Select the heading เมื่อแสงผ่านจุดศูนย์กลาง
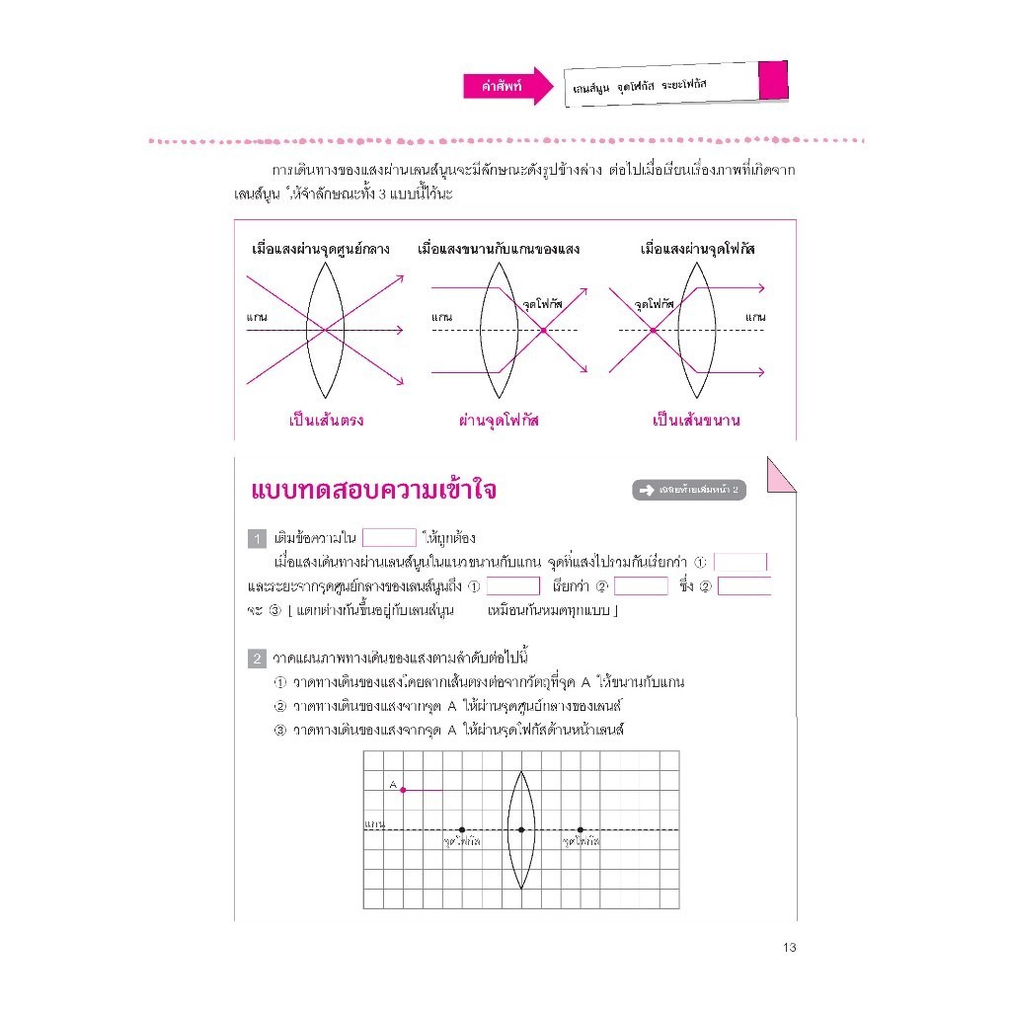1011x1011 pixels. (321, 250)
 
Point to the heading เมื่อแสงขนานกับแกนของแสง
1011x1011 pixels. (499, 250)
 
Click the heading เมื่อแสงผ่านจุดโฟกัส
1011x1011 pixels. (698, 250)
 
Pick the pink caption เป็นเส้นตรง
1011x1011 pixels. (327, 421)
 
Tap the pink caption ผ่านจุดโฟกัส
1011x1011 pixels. (500, 421)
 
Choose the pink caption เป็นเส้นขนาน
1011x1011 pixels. (697, 421)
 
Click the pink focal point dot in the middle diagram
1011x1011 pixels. (543, 330)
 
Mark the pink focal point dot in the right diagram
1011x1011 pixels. (653, 330)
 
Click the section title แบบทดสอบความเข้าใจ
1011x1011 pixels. (374, 492)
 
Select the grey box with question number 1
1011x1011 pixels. (257, 538)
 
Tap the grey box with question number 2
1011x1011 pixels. (257, 658)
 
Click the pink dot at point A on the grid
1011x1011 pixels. (403, 790)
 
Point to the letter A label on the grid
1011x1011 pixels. (392, 784)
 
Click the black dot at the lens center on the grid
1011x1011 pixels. (521, 829)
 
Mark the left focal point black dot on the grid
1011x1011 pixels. (462, 829)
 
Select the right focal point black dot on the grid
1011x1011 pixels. (581, 829)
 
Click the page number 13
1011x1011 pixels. (788, 948)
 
